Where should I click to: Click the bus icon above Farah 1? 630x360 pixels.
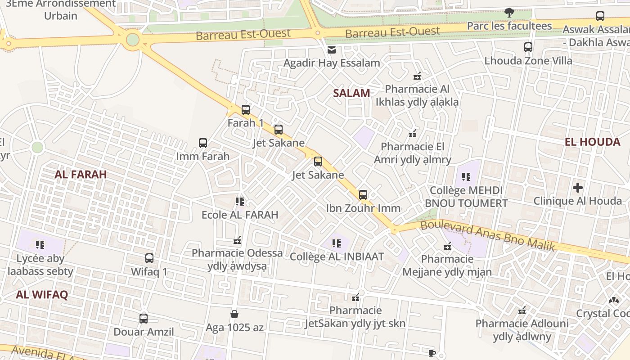pos(245,109)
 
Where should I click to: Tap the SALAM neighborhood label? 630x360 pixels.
pos(351,93)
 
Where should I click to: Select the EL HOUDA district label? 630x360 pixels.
pos(592,142)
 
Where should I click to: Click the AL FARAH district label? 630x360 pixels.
pos(81,174)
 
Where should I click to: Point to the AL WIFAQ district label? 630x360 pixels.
pos(42,295)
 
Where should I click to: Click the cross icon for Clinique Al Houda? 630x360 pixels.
pos(578,187)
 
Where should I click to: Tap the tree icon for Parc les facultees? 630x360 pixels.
pos(509,13)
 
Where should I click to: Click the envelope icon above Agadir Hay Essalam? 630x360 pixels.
pos(332,49)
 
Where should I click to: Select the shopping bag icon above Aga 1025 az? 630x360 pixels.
pos(234,314)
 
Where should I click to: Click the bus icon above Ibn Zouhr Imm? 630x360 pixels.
pos(363,195)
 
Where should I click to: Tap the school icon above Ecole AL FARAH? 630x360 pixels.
pos(240,201)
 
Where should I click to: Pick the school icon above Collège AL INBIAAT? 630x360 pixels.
pos(337,243)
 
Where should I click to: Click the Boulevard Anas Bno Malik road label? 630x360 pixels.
pos(487,235)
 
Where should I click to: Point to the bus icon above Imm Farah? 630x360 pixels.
pos(203,143)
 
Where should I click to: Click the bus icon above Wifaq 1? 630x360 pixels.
pos(149,258)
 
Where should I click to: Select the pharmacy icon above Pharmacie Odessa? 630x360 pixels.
pos(237,240)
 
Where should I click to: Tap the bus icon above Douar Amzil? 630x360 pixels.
pos(144,318)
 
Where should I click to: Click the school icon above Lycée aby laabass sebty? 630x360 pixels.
pos(40,245)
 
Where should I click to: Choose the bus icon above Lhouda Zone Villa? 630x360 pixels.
pos(528,47)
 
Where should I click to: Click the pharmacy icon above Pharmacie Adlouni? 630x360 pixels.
pos(522,310)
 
